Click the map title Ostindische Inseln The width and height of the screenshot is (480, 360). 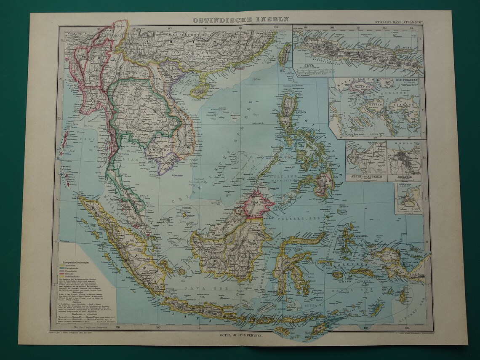point(241,19)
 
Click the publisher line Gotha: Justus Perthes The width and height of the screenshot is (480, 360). point(241,335)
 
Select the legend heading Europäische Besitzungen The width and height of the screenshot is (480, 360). point(79,261)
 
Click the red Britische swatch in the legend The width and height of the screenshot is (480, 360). point(62,276)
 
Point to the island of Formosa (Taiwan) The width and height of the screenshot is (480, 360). point(285,55)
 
